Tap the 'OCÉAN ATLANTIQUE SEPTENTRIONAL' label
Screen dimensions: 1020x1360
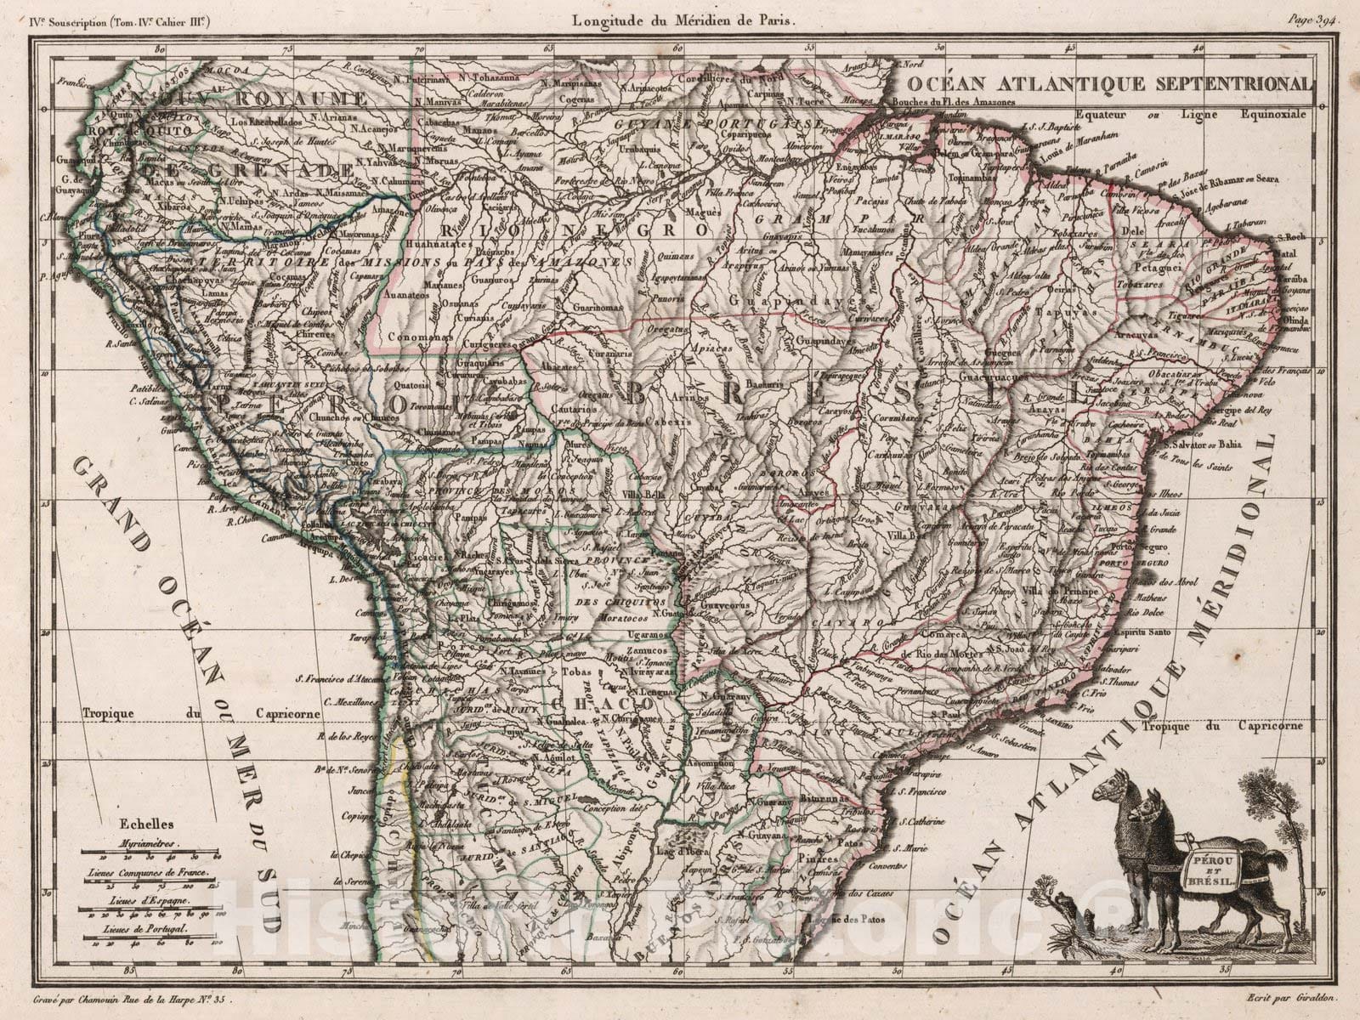[1108, 83]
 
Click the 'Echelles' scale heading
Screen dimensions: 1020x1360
[135, 823]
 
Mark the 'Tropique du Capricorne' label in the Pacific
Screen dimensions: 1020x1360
[201, 715]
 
